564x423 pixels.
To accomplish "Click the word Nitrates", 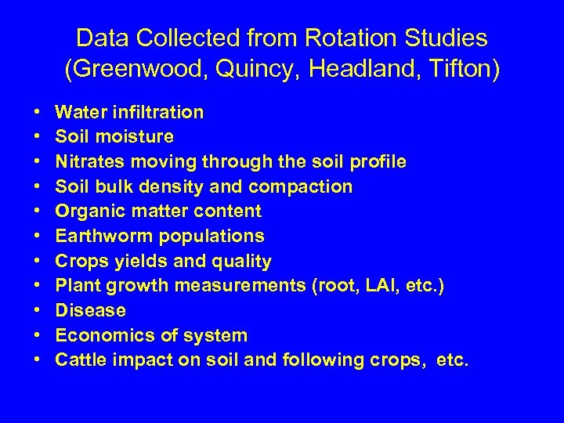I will pos(89,162).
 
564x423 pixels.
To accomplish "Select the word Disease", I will pos(90,311).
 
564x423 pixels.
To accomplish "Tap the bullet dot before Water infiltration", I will pos(38,113).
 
